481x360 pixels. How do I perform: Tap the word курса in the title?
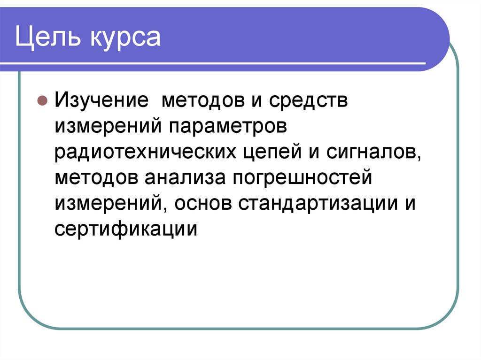tap(123, 38)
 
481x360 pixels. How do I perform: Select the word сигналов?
tap(371, 152)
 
